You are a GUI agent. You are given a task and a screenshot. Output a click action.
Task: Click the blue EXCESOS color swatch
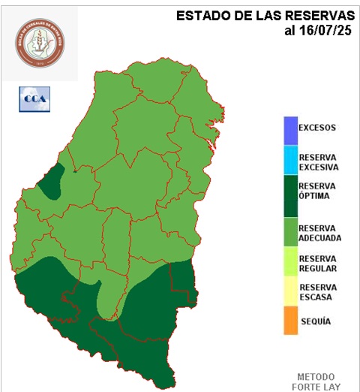(x=289, y=130)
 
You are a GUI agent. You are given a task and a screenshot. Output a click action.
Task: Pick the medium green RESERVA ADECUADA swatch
(x=289, y=233)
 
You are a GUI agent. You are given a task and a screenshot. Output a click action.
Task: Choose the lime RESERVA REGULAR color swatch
(x=289, y=263)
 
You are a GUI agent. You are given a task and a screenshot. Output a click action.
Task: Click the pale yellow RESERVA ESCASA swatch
(x=289, y=291)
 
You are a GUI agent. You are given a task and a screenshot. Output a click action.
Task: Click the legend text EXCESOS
(x=317, y=128)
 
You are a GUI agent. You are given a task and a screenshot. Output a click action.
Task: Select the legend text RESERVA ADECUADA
(x=319, y=233)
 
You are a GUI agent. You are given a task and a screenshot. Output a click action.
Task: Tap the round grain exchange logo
(x=39, y=41)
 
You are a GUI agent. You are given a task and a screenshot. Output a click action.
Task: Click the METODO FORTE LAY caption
(x=319, y=381)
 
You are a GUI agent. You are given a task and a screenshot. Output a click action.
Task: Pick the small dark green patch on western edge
(x=51, y=182)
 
